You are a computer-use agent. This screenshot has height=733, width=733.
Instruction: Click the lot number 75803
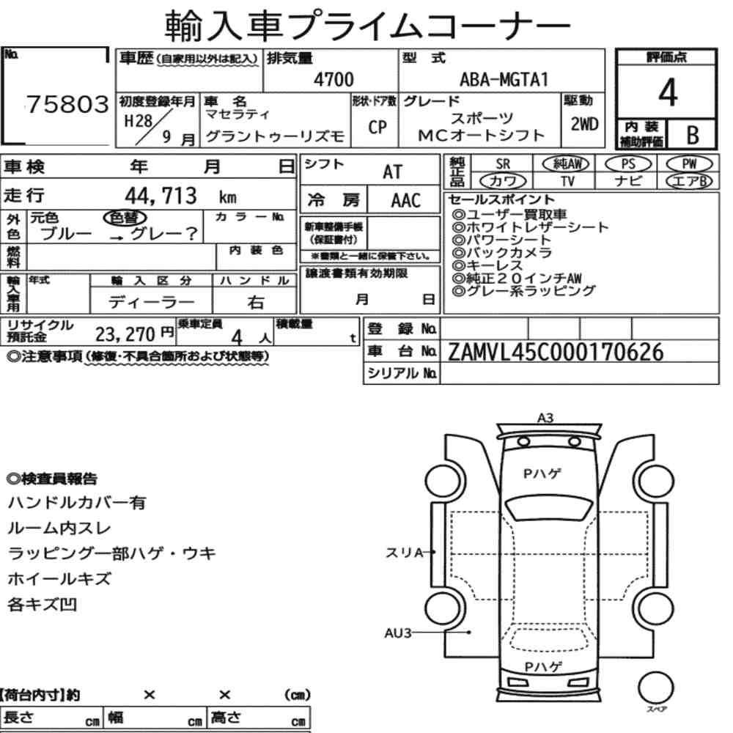tap(67, 104)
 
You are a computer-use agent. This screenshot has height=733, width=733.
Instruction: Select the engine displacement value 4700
tap(334, 79)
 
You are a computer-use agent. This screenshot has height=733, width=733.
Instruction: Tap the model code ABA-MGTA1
tap(504, 79)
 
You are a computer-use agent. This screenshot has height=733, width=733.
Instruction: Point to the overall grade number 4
tap(668, 92)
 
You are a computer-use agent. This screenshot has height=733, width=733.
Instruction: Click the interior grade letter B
tap(693, 135)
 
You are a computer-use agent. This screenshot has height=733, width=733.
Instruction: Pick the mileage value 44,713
tap(161, 196)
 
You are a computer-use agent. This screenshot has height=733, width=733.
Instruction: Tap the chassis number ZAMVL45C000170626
tap(556, 353)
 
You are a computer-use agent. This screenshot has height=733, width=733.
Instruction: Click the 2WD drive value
tap(584, 125)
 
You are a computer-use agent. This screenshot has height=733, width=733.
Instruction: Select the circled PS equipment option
tap(628, 164)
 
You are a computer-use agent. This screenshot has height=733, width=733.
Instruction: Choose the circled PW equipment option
tap(689, 164)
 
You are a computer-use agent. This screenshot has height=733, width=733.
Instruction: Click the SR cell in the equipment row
tap(503, 164)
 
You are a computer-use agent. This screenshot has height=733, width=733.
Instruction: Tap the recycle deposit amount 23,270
tap(125, 334)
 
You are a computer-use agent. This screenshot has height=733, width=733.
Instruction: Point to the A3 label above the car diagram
tap(545, 418)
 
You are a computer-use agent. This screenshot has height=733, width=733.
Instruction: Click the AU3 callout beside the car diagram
tap(398, 633)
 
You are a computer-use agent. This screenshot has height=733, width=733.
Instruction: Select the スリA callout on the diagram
tap(404, 553)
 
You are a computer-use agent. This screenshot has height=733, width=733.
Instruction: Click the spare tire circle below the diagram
tap(656, 688)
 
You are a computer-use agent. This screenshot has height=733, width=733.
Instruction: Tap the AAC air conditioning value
tap(406, 201)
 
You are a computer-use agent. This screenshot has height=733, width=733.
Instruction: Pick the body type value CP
tap(377, 127)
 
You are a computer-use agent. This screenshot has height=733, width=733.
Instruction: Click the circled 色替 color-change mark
tap(125, 218)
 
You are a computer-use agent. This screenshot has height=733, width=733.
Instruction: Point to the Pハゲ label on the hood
tap(542, 474)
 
